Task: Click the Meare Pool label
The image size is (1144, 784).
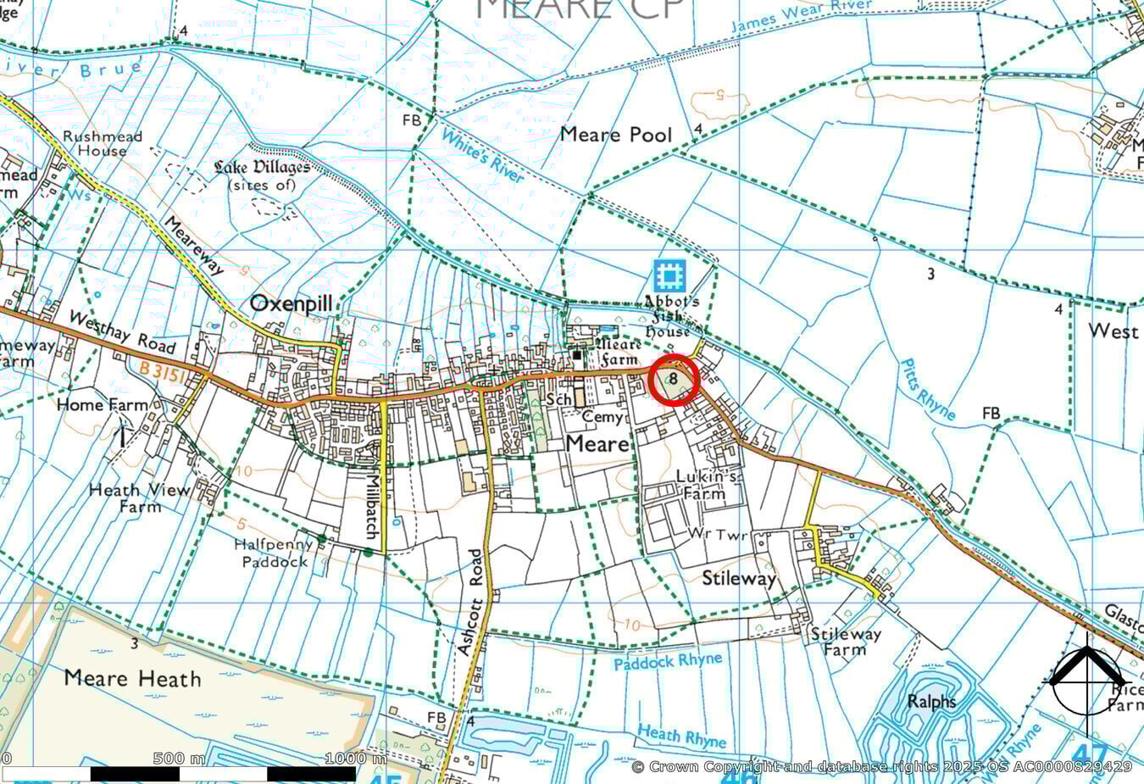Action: [616, 135]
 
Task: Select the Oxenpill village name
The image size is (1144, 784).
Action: [291, 304]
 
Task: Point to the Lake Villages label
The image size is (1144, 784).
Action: [262, 175]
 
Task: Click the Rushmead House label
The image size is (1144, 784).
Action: [103, 143]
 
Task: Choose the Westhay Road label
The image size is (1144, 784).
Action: [122, 332]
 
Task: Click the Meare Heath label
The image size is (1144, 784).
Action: [132, 679]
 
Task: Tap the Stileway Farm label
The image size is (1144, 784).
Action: [846, 642]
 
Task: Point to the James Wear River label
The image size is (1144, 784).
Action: [801, 17]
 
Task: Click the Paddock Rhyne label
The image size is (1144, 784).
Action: [669, 661]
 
